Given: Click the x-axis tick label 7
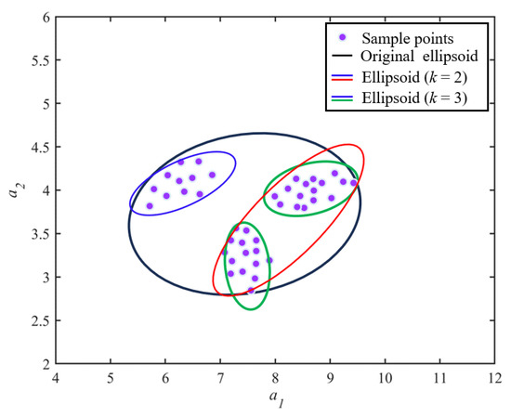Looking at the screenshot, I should click(220, 379).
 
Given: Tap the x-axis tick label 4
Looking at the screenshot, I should click(56, 379).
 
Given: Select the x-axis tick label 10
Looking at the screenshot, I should click(385, 379).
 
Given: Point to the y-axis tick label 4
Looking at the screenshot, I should click(44, 190).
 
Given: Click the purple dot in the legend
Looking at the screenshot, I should click(344, 37).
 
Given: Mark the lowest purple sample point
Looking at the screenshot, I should click(251, 291).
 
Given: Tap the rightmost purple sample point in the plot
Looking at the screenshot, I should click(354, 183).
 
